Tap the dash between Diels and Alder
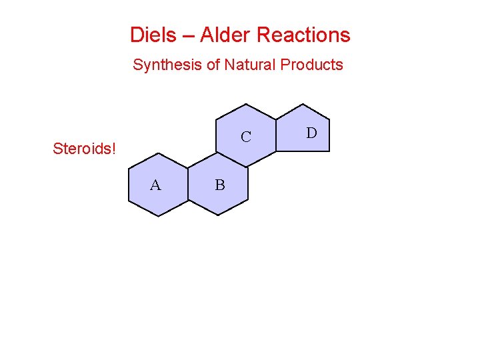[x=185, y=35]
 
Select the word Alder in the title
[x=223, y=35]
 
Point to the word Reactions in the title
[x=303, y=35]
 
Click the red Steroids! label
[x=84, y=148]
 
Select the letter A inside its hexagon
[x=155, y=185]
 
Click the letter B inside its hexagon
[x=220, y=185]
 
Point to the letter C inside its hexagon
[x=246, y=137]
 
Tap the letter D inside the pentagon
[x=311, y=133]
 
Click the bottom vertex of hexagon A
[x=158, y=216]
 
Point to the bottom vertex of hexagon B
[x=218, y=215]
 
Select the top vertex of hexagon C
[x=246, y=104]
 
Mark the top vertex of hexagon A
[x=159, y=153]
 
